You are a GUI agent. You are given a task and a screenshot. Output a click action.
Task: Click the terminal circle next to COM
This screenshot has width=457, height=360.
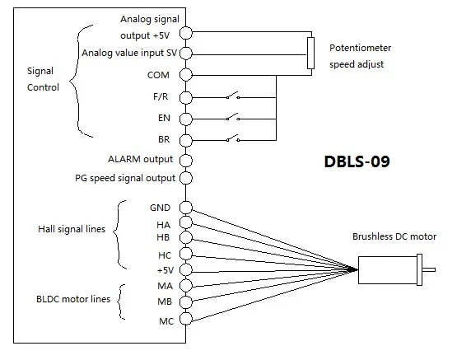pyautogui.click(x=185, y=75)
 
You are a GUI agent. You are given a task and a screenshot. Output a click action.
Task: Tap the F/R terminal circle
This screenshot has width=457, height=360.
pyautogui.click(x=185, y=98)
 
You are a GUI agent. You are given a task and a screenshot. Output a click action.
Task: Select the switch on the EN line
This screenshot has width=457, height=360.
pyautogui.click(x=233, y=117)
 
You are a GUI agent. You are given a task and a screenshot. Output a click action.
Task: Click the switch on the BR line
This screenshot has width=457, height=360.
pyautogui.click(x=233, y=138)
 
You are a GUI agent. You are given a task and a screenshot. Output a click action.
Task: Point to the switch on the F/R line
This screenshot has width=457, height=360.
pyautogui.click(x=233, y=96)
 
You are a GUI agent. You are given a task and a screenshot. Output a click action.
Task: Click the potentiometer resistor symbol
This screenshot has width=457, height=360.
pyautogui.click(x=310, y=53)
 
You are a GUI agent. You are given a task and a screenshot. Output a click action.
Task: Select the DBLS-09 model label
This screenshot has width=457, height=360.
pyautogui.click(x=357, y=161)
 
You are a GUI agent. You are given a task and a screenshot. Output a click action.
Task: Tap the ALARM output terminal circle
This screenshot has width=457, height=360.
pyautogui.click(x=185, y=160)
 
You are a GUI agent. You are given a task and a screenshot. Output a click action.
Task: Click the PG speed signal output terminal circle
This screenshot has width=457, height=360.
pyautogui.click(x=185, y=178)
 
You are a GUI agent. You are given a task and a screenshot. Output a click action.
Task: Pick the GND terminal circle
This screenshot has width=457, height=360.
pyautogui.click(x=185, y=208)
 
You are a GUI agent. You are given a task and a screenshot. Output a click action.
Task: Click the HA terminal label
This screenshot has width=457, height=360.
pyautogui.click(x=163, y=225)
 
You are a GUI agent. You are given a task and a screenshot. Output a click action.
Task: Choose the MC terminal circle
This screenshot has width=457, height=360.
pyautogui.click(x=185, y=318)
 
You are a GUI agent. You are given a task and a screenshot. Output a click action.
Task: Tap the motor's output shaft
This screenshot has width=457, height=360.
pyautogui.click(x=429, y=269)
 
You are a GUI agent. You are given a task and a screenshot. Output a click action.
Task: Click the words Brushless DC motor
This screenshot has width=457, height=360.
pyautogui.click(x=394, y=236)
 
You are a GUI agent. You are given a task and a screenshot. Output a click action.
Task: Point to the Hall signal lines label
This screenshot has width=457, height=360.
pyautogui.click(x=72, y=229)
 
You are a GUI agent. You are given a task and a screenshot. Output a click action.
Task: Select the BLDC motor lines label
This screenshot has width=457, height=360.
pyautogui.click(x=73, y=299)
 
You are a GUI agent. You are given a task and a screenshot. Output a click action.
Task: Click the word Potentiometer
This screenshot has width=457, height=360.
pyautogui.click(x=360, y=48)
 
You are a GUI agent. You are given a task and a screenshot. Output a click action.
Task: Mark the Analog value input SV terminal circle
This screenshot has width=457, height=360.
pyautogui.click(x=185, y=53)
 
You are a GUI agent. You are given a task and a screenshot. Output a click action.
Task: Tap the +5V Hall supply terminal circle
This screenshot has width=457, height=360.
pyautogui.click(x=185, y=269)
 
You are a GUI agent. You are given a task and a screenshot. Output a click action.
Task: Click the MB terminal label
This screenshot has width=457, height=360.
pyautogui.click(x=165, y=302)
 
